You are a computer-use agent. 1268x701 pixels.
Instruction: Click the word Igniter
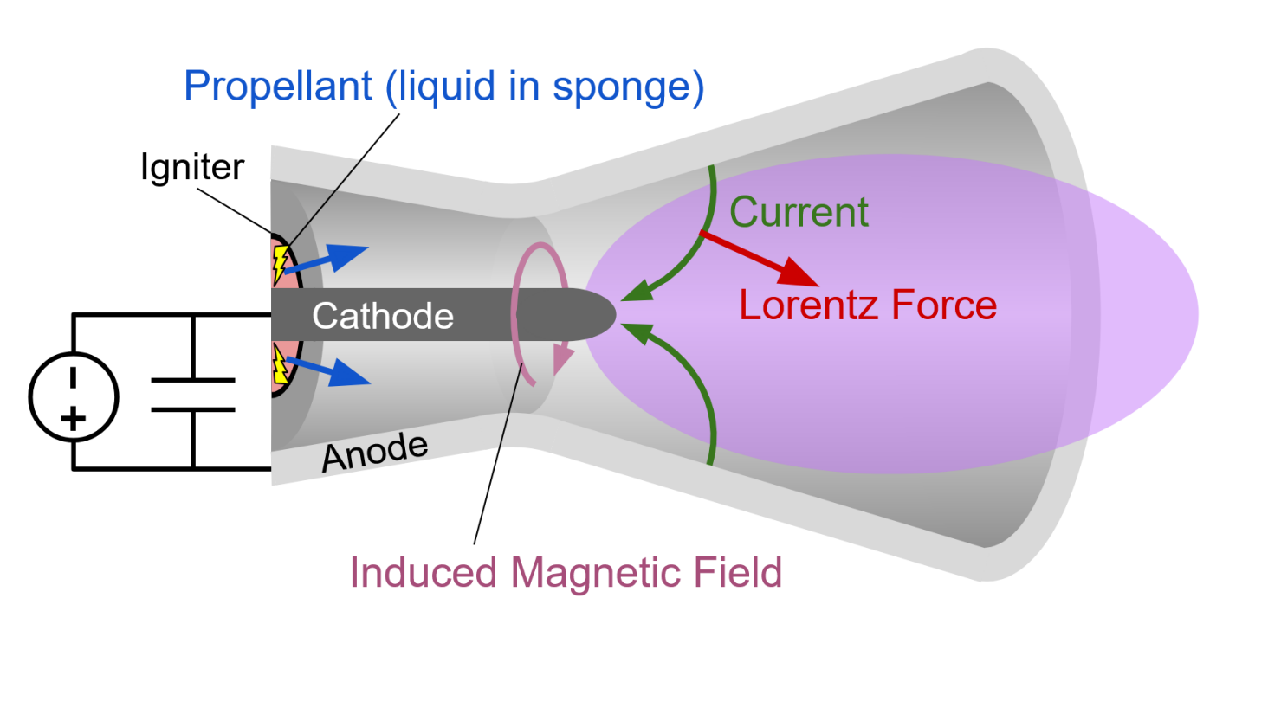coord(192,167)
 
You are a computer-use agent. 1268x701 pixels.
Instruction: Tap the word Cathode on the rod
coord(383,316)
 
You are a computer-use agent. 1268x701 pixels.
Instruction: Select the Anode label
coord(375,453)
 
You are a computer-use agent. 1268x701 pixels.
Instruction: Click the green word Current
coord(799,212)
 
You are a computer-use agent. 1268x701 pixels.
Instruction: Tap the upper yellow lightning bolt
coord(281,260)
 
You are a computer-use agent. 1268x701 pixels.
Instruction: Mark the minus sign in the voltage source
coord(73,377)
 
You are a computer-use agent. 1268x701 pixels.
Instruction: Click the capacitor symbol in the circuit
coord(192,395)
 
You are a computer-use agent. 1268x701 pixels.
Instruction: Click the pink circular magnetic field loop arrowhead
coord(562,356)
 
